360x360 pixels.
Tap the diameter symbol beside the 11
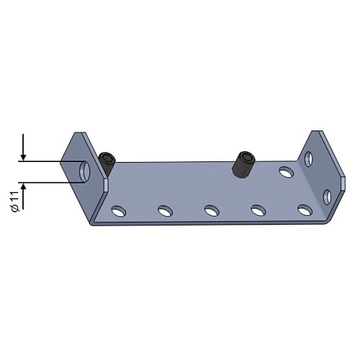pos(16,209)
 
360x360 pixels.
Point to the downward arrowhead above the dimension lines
pos(23,158)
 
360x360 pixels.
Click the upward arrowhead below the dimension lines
pos(23,186)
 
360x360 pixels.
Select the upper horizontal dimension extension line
pos(52,161)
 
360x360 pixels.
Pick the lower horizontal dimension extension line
pos(52,182)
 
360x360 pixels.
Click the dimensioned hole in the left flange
pos(84,171)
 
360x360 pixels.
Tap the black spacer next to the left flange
pos(107,163)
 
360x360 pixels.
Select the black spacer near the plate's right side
pos(243,164)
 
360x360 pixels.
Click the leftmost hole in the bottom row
pos(119,211)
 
